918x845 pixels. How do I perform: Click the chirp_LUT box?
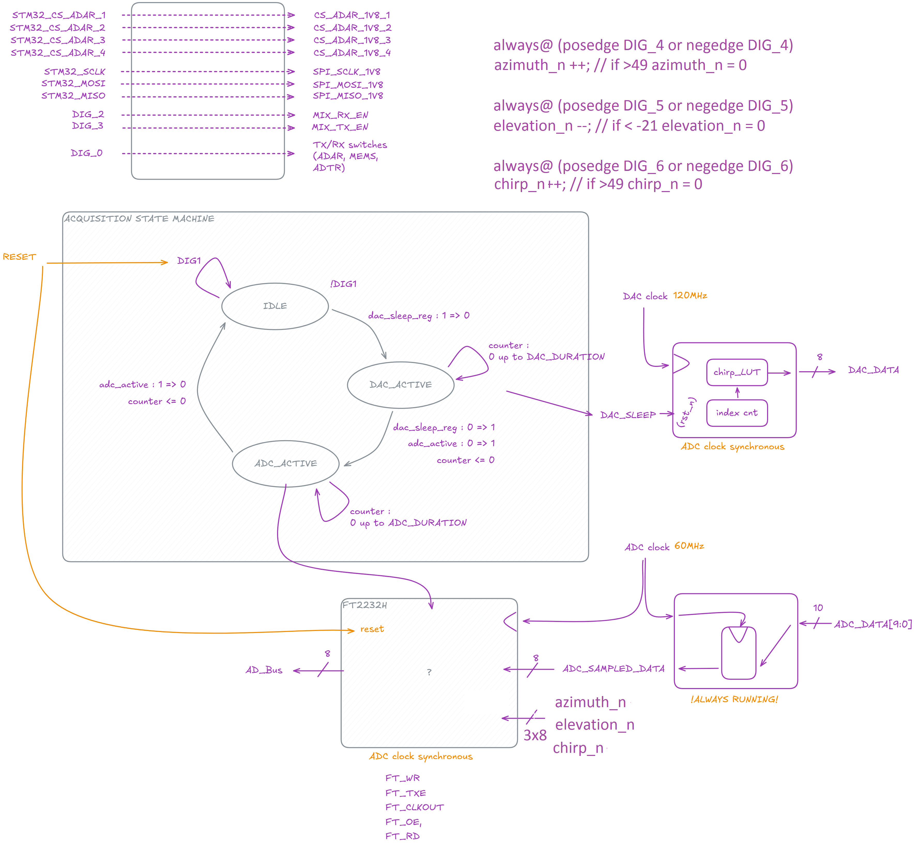click(737, 372)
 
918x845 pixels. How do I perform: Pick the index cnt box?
click(737, 413)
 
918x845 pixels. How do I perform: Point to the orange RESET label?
click(19, 257)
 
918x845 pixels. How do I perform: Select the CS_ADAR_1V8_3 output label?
click(352, 40)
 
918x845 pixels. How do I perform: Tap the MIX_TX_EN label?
click(340, 127)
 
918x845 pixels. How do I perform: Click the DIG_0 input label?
click(87, 153)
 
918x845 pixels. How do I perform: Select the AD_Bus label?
click(264, 670)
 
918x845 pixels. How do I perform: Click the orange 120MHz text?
click(690, 295)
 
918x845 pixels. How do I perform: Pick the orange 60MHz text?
click(689, 546)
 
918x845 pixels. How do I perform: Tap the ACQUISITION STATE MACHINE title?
click(139, 219)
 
